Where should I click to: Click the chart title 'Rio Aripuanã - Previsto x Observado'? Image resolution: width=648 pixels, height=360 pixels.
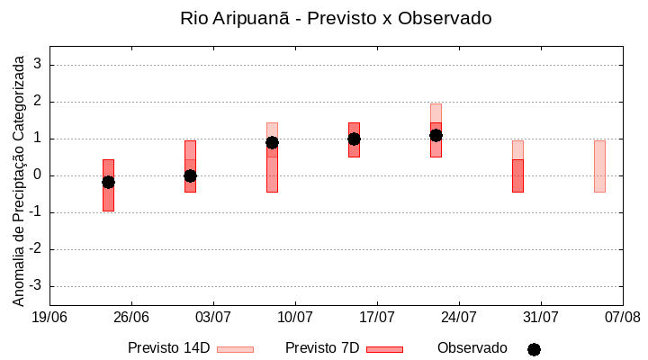coord(336,18)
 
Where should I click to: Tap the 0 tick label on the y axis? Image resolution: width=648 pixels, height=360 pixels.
coord(38,175)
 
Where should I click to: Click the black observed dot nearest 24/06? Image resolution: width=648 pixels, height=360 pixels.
coord(108,182)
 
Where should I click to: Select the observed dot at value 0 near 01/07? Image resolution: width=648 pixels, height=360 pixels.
coord(190,175)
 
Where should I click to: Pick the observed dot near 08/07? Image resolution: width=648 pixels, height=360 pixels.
coord(272,142)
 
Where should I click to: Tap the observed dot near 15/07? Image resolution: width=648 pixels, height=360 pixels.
coord(354,139)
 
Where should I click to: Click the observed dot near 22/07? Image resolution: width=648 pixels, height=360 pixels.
coord(436,135)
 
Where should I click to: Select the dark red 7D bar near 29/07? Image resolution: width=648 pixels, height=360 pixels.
coord(517,175)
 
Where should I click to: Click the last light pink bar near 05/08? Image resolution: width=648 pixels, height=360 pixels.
coord(599,166)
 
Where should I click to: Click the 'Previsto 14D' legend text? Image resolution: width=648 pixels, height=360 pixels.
coord(168,348)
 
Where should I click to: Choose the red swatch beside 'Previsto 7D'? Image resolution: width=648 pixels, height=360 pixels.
coord(384,349)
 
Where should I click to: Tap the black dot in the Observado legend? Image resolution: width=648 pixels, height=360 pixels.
coord(534,349)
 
